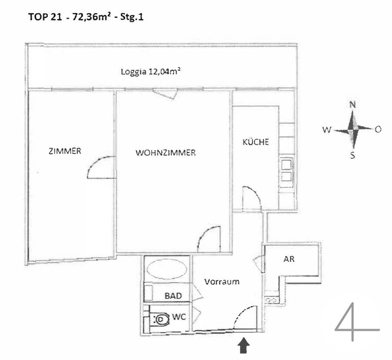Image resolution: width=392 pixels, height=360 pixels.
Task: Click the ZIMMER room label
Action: point(65,151)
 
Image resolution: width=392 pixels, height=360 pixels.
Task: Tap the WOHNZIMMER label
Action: point(166,153)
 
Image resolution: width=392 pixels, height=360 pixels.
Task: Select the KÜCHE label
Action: point(256,142)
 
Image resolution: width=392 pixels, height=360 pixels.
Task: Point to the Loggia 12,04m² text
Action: point(151,72)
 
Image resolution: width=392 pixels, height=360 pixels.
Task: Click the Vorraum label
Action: point(222,282)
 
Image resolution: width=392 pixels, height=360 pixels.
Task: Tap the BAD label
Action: point(173,296)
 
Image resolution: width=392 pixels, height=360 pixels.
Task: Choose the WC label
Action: point(179,317)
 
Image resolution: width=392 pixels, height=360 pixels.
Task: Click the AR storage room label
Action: point(289,259)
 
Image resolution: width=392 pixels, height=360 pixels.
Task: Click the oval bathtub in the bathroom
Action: point(167,269)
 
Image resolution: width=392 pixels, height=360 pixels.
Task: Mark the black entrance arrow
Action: point(243,345)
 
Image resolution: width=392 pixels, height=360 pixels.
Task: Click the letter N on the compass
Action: point(352,104)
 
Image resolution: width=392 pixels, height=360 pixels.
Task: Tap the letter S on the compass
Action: point(352,155)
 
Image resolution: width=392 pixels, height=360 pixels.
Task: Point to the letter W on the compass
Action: point(327,130)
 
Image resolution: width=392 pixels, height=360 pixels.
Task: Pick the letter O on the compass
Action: point(378,129)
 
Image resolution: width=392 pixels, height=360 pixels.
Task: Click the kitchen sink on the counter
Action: point(286,172)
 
